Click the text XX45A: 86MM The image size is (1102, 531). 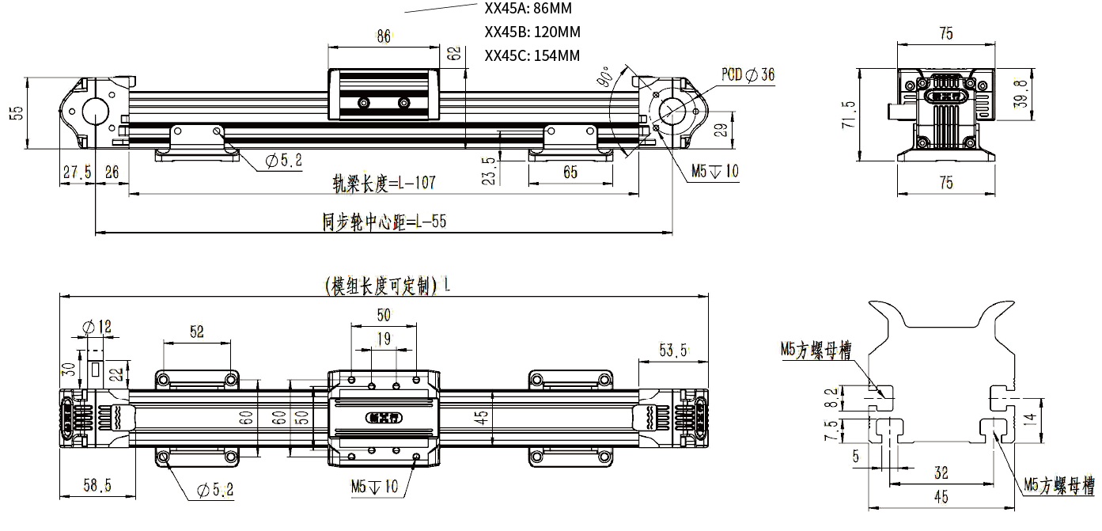pos(527,9)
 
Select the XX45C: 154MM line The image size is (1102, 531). pos(532,55)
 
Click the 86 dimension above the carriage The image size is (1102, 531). pos(384,36)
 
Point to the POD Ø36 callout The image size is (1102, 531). pos(748,74)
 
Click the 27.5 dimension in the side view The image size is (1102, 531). pos(77,172)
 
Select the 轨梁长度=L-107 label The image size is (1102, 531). pos(384,184)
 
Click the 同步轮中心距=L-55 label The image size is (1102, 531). pos(384,222)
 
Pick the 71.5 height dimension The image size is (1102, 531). pos(849,115)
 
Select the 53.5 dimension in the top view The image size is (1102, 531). pos(674,350)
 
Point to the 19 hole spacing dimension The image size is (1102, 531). pos(384,339)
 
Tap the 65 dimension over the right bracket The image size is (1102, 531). pos(570,172)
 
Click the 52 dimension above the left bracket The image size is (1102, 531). pos(197,332)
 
